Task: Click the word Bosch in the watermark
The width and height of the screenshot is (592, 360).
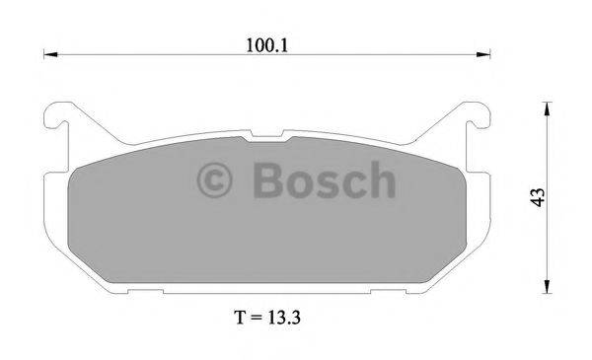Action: (x=322, y=181)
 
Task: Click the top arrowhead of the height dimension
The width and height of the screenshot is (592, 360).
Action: (x=546, y=105)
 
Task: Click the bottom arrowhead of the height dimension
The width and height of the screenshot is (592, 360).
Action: (x=546, y=286)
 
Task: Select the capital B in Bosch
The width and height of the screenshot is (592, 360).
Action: (x=265, y=181)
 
